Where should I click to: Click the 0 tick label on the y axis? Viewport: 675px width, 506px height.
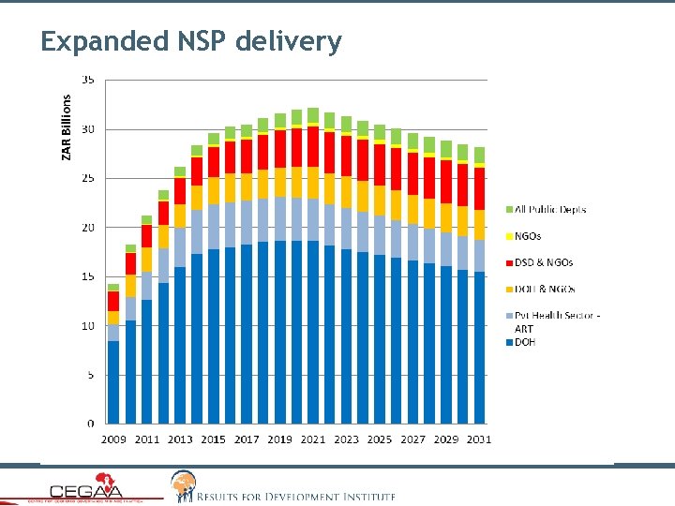(90, 424)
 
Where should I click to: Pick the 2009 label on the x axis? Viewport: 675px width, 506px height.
(114, 439)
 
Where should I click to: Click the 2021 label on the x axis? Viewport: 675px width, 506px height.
(314, 439)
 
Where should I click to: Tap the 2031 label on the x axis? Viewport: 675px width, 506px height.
(479, 439)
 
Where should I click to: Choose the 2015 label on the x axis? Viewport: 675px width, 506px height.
(214, 439)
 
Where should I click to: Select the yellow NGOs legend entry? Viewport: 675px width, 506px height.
(528, 236)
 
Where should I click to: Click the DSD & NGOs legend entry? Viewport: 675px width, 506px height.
(544, 262)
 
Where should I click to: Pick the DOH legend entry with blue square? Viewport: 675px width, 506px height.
(524, 342)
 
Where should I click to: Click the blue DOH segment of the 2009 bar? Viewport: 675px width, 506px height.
(113, 382)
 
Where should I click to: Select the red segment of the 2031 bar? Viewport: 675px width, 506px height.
(479, 188)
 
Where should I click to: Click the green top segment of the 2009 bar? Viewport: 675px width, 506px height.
(113, 287)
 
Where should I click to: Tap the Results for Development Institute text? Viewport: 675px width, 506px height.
(295, 496)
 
